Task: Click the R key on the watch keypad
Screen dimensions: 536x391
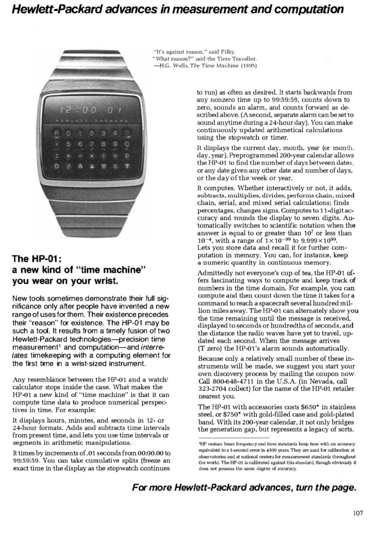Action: (57, 133)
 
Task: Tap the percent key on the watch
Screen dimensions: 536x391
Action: (116, 166)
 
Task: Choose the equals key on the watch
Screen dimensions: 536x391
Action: (116, 156)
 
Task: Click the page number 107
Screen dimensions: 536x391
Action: (358, 513)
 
